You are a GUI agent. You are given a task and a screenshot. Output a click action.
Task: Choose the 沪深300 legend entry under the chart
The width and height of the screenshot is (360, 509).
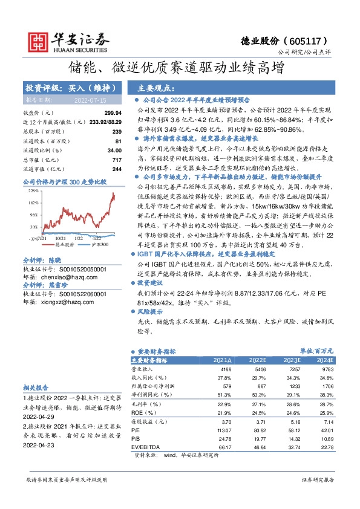[x=99, y=245]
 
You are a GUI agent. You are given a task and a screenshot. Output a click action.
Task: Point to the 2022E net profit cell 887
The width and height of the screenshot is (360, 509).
[x=261, y=386]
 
